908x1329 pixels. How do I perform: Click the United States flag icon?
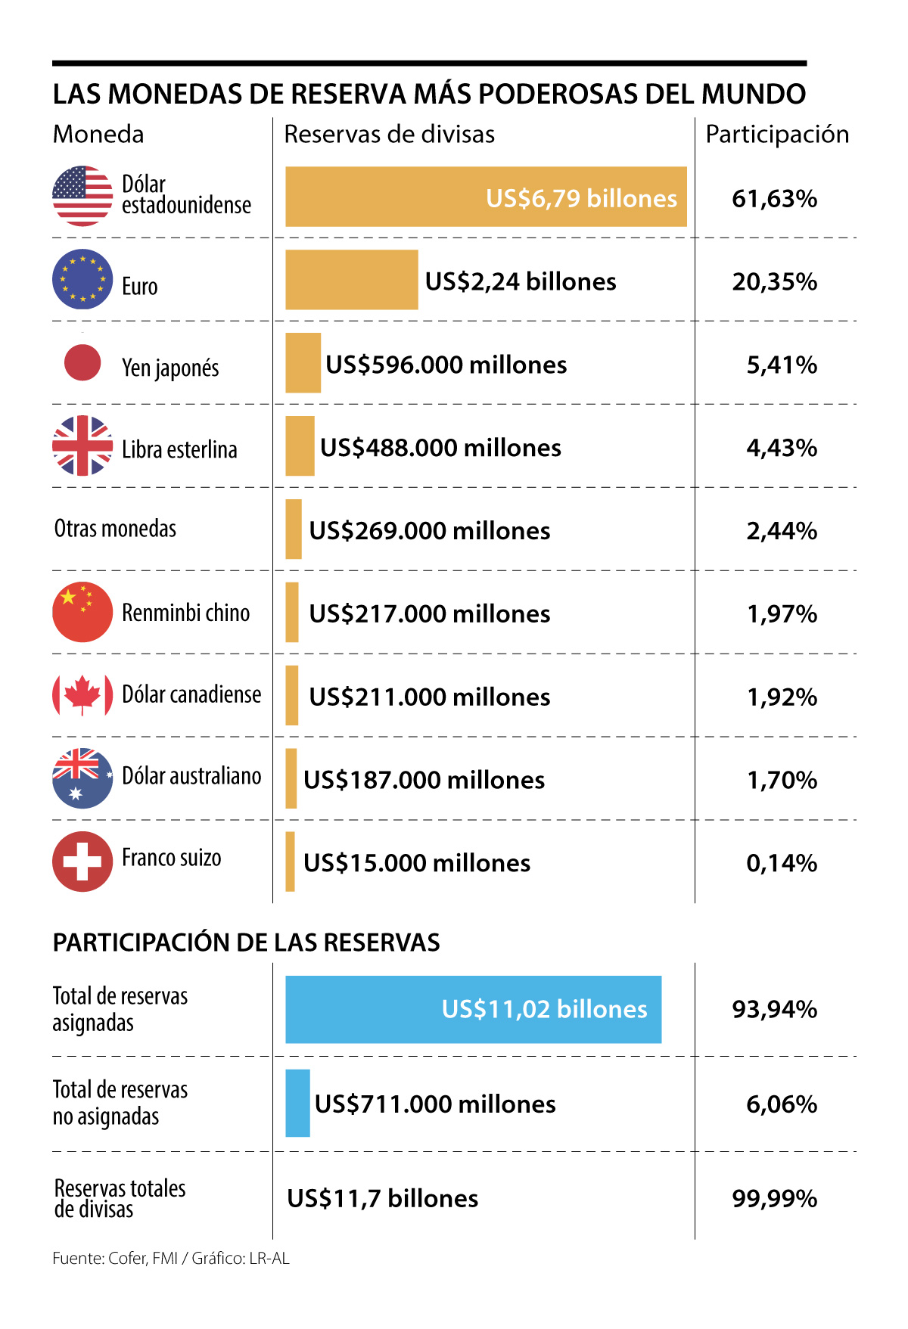tap(82, 196)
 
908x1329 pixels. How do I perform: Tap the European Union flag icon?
tap(82, 279)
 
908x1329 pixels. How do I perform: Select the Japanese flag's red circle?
tap(82, 362)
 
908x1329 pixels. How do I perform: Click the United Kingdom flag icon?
tap(82, 446)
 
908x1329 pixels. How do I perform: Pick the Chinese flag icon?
tap(82, 612)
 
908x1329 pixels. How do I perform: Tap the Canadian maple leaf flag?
tap(82, 695)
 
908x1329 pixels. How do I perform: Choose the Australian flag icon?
tap(82, 778)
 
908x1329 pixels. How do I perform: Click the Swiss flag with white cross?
tap(82, 862)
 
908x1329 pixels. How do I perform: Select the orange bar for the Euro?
tap(351, 280)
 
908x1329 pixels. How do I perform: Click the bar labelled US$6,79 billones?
tap(486, 197)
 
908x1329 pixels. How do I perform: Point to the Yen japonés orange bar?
tap(303, 363)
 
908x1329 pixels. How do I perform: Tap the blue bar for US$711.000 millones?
tap(297, 1103)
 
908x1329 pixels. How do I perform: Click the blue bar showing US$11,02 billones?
tap(473, 1010)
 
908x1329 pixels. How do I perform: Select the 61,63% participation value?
tap(774, 199)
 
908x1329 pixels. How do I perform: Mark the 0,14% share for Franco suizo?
tap(782, 863)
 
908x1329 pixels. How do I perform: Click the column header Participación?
tap(777, 135)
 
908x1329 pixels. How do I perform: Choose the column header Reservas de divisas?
tap(389, 135)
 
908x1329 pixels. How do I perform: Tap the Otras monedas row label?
tap(115, 529)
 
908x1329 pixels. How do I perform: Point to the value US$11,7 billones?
tap(382, 1199)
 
